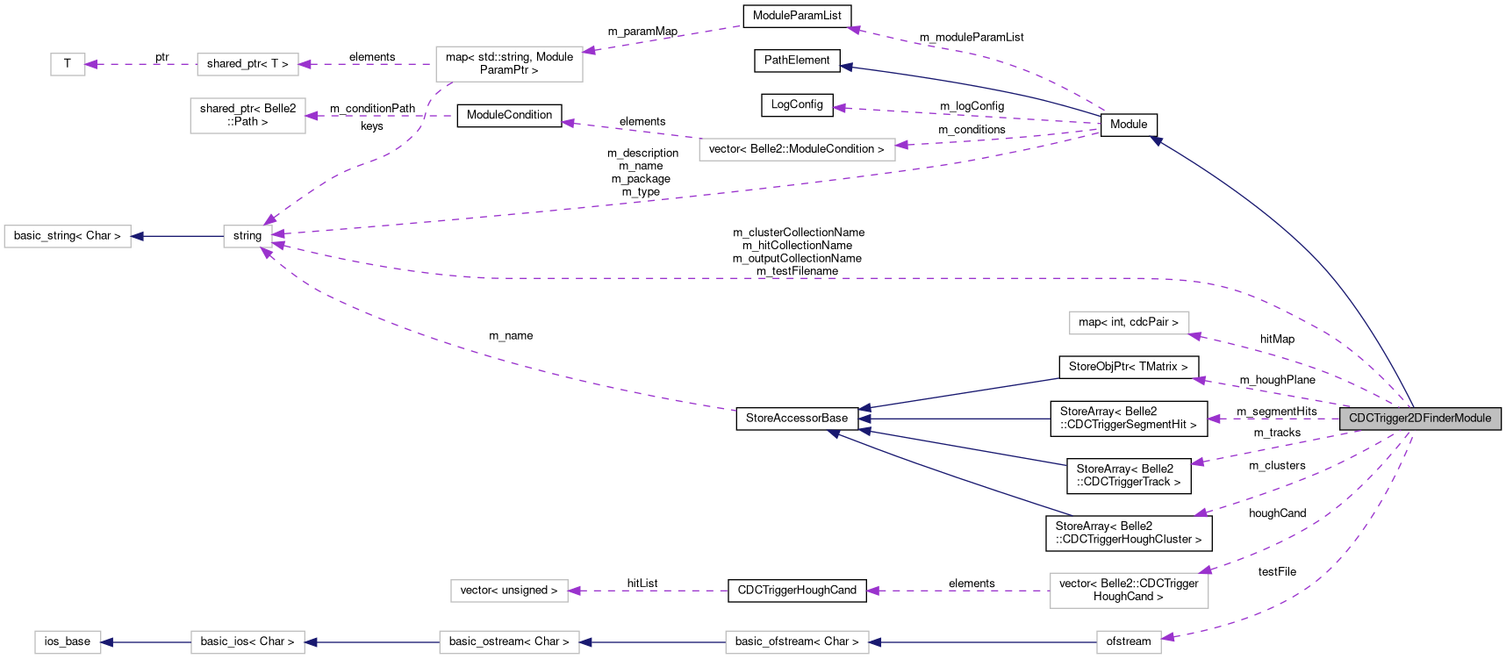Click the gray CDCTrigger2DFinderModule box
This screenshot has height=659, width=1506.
(1420, 419)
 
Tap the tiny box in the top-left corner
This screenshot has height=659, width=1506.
(68, 64)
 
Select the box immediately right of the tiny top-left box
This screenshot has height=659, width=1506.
(247, 64)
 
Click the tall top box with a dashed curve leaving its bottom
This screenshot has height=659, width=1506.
(509, 64)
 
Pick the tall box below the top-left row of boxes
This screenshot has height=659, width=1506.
(247, 116)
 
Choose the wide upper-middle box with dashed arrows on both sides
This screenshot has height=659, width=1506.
(797, 149)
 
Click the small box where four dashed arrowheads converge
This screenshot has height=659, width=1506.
(247, 236)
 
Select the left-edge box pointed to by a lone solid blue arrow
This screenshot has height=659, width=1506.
(68, 236)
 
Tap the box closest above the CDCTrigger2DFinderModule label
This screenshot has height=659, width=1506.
(1129, 323)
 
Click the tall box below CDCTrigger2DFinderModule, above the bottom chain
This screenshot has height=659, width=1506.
(1129, 591)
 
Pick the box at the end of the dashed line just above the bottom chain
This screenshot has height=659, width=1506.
(509, 591)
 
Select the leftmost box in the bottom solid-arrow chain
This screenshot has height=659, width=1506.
(68, 642)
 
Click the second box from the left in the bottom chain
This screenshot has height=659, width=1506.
(247, 642)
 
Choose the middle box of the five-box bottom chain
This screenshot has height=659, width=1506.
(509, 642)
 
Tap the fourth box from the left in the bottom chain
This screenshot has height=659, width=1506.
(797, 642)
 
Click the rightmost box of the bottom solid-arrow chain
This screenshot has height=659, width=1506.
(1129, 642)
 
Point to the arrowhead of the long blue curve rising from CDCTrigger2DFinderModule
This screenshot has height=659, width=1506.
(1156, 140)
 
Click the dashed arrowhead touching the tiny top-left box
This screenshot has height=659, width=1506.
(91, 64)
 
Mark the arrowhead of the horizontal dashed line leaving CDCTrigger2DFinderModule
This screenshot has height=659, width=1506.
(1214, 419)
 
